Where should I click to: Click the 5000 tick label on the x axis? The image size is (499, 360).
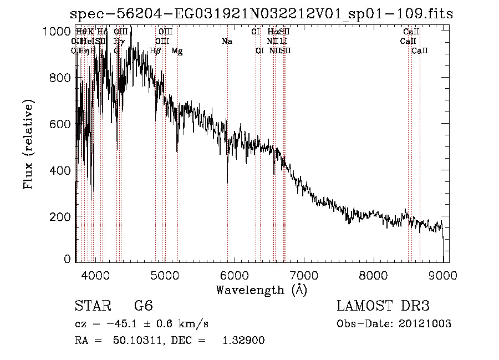click(164, 274)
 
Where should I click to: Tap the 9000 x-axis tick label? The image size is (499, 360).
click(443, 274)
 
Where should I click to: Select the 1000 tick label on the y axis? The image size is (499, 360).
click(56, 32)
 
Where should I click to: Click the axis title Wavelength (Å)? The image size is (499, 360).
click(261, 290)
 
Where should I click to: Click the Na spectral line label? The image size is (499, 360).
click(226, 42)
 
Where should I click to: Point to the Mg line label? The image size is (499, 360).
click(177, 51)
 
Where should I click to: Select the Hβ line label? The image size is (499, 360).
click(155, 51)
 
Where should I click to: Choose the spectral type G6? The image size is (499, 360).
click(144, 306)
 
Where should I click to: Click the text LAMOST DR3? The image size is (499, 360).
click(383, 306)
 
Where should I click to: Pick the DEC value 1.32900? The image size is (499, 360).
click(243, 341)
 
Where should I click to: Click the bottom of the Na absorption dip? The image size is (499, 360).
click(227, 182)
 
